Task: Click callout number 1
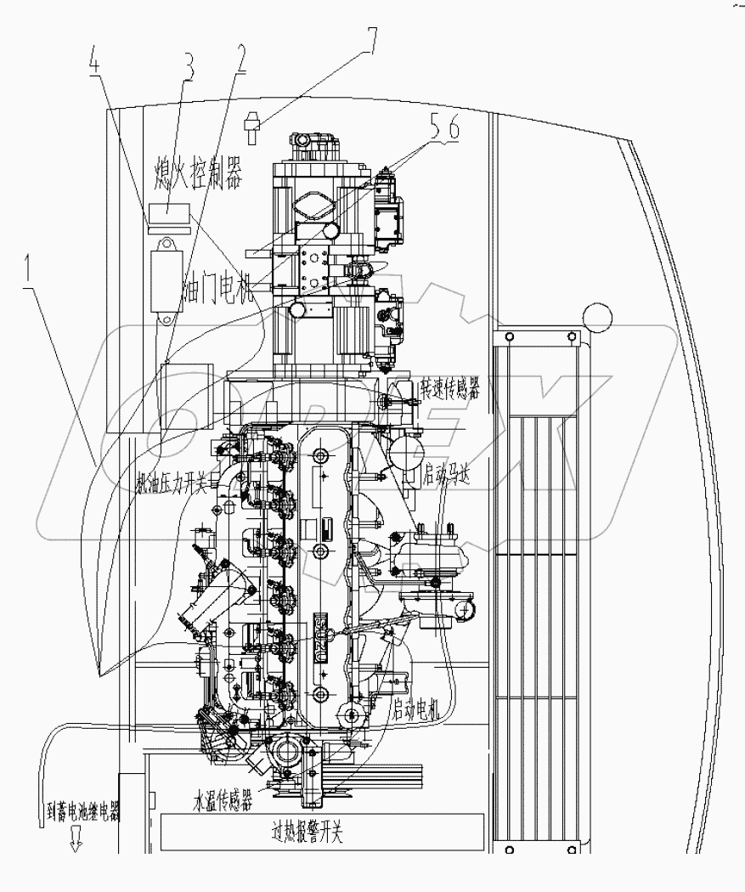(31, 274)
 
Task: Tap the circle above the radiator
(597, 319)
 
